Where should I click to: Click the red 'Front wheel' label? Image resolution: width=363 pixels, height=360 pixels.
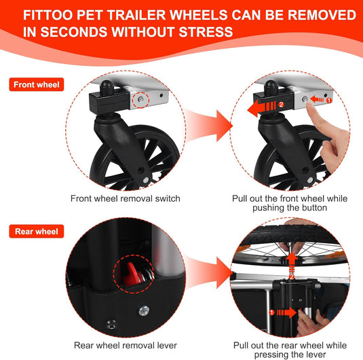[37, 85]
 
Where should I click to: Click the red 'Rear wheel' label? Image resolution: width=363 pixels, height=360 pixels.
[37, 232]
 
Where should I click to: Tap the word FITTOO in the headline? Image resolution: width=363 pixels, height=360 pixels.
[47, 15]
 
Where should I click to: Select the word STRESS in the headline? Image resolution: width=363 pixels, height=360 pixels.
[206, 32]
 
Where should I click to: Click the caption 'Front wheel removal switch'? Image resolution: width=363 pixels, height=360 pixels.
[126, 198]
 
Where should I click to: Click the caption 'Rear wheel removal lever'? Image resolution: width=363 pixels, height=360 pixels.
[126, 345]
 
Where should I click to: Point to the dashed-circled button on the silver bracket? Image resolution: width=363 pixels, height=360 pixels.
[140, 99]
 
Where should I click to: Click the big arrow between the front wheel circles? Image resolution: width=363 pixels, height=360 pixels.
[208, 126]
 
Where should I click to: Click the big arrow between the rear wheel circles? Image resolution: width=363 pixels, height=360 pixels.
[208, 272]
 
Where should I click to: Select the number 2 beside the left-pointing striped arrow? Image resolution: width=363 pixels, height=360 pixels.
[281, 105]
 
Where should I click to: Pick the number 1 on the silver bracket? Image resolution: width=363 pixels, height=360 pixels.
[329, 101]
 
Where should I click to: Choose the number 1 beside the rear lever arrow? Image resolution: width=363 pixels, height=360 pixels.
[272, 312]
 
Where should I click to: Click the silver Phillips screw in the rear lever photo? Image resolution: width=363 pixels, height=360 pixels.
[144, 311]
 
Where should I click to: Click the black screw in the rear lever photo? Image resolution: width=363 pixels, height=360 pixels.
[111, 324]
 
